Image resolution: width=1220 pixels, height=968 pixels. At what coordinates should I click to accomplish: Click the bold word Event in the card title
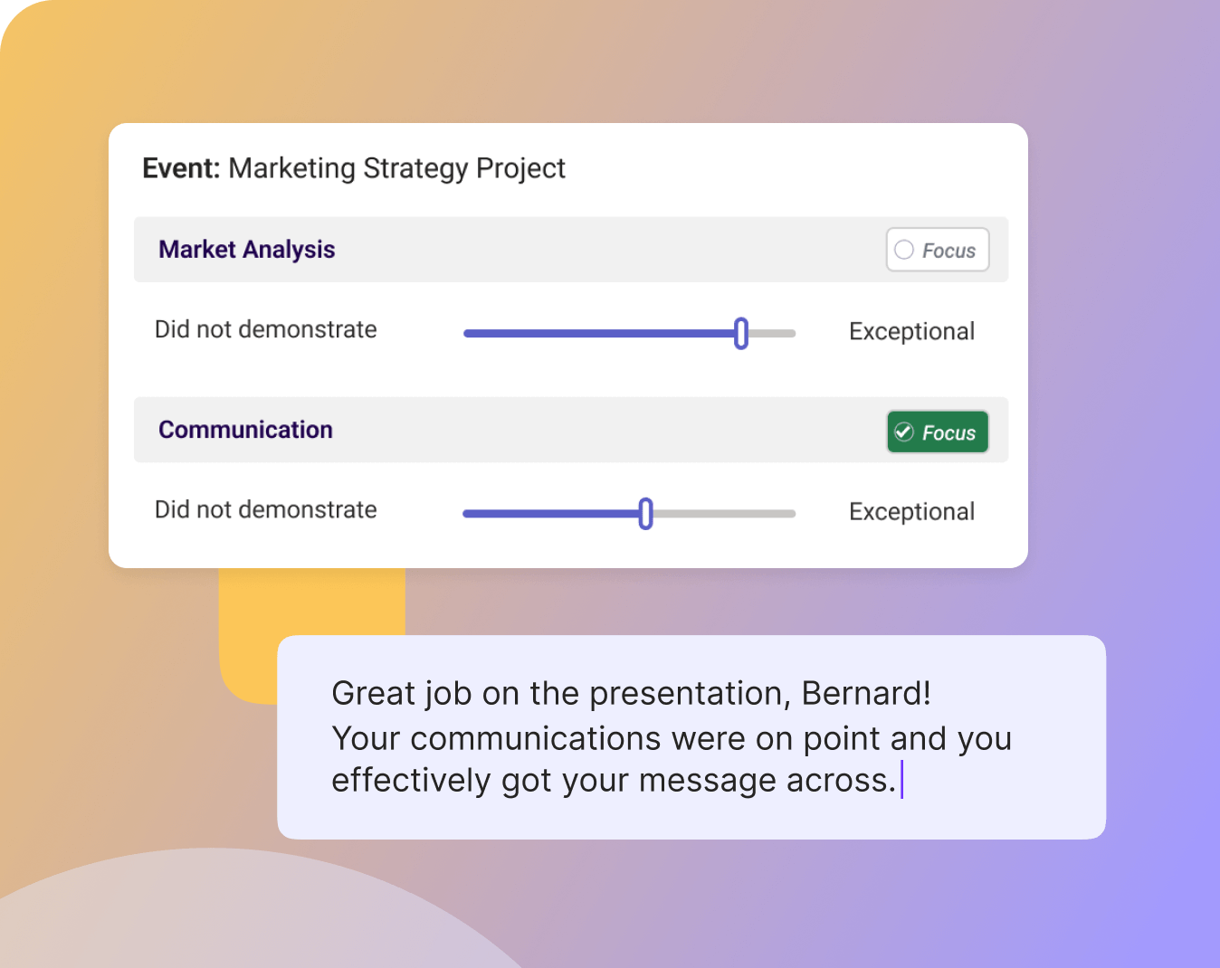[x=180, y=168]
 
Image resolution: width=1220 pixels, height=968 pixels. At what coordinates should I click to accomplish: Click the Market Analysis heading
[x=246, y=250]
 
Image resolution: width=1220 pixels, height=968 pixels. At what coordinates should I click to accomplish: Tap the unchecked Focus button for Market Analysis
[x=937, y=250]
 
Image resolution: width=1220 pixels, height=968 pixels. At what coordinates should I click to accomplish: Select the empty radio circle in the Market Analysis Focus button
[x=904, y=250]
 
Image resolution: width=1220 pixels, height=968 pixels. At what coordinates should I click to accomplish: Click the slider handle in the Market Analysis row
[x=741, y=333]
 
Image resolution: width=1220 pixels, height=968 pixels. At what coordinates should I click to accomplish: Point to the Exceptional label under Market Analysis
[x=911, y=332]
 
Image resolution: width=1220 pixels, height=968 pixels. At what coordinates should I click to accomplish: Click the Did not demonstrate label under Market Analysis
[x=265, y=330]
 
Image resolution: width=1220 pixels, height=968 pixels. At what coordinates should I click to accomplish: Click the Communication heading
[x=245, y=430]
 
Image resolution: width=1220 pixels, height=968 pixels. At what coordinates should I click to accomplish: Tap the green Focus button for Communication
[x=937, y=432]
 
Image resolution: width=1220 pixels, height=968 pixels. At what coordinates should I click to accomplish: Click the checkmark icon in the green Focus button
[x=903, y=432]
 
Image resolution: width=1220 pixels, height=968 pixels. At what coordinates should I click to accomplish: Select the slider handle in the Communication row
[x=645, y=513]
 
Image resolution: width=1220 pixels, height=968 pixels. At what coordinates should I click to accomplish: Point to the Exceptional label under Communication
[x=911, y=512]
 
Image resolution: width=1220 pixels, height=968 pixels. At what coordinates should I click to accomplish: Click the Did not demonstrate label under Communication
[x=265, y=510]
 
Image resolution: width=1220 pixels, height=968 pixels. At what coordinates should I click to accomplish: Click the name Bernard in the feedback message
[x=865, y=694]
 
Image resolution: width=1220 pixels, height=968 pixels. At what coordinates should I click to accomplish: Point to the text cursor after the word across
[x=902, y=780]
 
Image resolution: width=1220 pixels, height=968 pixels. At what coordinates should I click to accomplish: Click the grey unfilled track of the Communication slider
[x=724, y=514]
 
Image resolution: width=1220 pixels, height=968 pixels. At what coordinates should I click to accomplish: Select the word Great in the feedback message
[x=371, y=694]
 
